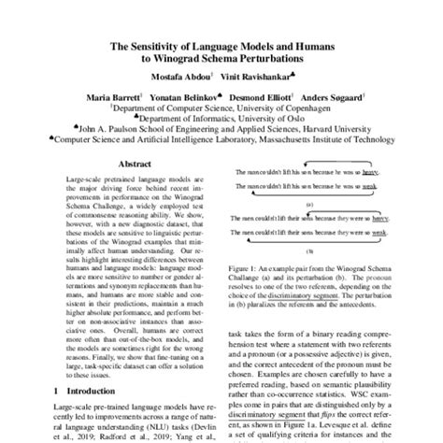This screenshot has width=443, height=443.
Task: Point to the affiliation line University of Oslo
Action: click(x=221, y=119)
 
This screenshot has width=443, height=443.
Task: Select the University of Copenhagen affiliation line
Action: click(x=221, y=107)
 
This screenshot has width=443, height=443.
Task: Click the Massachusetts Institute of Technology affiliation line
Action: click(x=221, y=141)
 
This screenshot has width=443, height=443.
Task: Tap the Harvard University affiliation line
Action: click(x=221, y=130)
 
